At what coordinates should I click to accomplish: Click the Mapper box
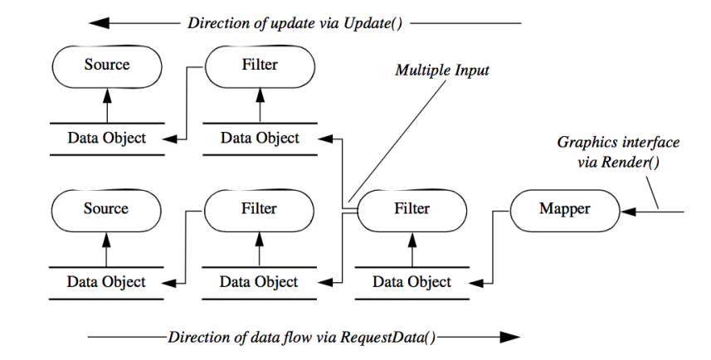coord(564,209)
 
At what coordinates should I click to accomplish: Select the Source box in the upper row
coord(106,64)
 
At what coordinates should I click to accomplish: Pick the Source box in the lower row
coord(106,209)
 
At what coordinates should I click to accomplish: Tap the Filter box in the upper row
coord(259,64)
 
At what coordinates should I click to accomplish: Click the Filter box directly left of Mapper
coord(412,209)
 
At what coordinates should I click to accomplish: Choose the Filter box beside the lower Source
coord(259,209)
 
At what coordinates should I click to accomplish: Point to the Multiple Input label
coord(442,71)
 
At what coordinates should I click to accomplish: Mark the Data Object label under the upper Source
coord(106,137)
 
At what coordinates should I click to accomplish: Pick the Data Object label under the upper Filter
coord(259,137)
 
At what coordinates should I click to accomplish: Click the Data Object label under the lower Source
coord(106,282)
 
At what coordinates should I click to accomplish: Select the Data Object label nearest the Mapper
coord(412,282)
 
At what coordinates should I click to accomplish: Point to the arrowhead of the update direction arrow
coord(97,22)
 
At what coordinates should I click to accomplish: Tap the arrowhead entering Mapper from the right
coord(627,212)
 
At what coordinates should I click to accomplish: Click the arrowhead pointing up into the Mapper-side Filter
coord(412,240)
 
